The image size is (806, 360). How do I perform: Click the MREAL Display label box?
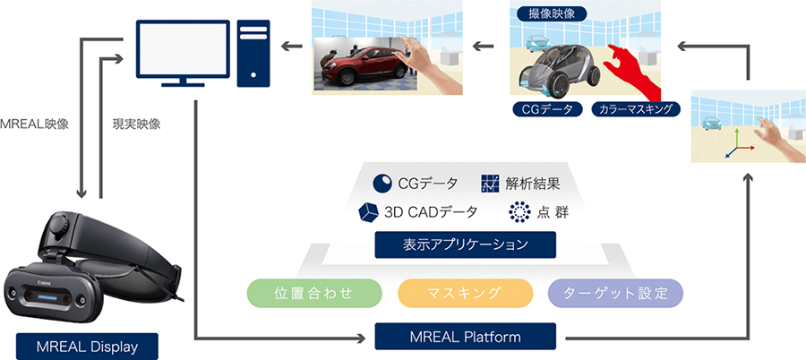point(87,346)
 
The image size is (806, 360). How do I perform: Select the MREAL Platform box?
point(466,338)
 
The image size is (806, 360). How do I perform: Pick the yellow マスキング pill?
point(465,293)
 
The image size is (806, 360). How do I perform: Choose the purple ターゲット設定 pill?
point(615,293)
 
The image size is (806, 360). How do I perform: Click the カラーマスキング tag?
point(636,109)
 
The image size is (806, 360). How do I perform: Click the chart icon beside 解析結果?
point(490,184)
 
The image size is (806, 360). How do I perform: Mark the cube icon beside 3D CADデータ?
point(368,212)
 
